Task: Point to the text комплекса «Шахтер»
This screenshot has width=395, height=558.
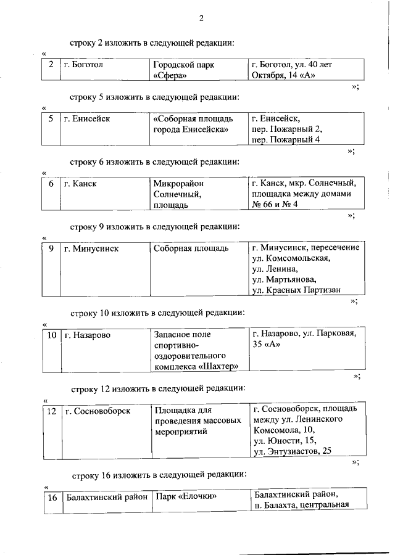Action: tap(196, 367)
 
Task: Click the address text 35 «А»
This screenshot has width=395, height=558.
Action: tap(267, 345)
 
